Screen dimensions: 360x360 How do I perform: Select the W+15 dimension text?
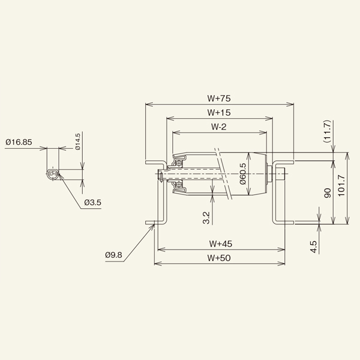220,112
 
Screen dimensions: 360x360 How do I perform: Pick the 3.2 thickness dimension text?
206,217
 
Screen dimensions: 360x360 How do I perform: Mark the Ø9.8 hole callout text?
113,255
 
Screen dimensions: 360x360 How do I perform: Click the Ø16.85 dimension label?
19,142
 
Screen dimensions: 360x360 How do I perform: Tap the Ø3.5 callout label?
92,203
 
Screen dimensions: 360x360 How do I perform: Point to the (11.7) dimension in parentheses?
327,131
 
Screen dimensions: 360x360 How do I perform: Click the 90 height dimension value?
327,193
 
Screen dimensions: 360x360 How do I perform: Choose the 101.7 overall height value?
341,188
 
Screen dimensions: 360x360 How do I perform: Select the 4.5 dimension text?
313,247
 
